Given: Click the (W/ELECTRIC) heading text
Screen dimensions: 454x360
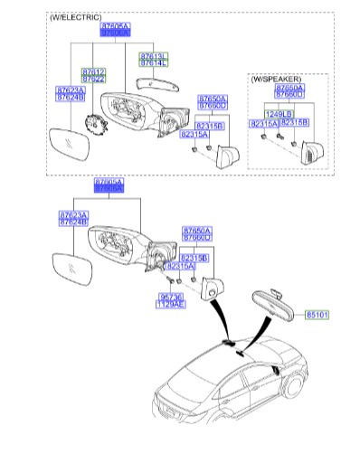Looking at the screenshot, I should (75, 18).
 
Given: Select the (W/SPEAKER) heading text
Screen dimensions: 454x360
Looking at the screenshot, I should (278, 77).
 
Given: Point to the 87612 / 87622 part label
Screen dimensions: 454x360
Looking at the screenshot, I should (94, 74).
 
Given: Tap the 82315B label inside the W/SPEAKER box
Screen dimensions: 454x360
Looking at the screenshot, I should (295, 121).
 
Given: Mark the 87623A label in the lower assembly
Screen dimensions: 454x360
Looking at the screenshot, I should (72, 217).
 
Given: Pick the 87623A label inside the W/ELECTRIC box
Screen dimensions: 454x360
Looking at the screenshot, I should (71, 94).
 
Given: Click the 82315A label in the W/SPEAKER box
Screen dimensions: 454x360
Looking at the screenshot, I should (263, 121).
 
